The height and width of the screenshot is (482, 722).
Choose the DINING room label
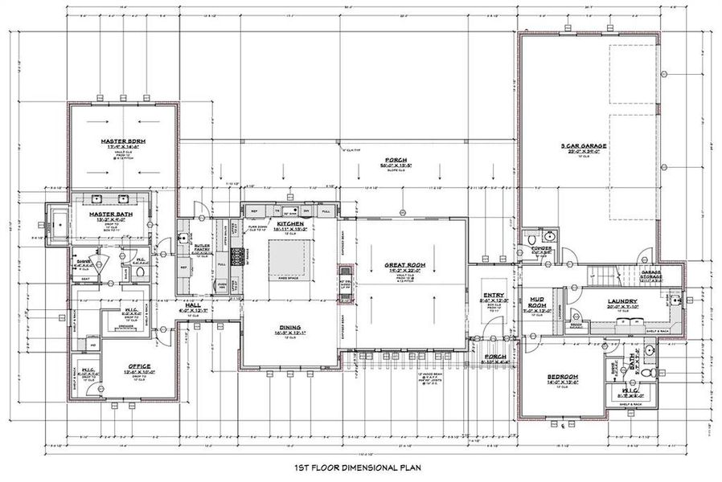pos(290,328)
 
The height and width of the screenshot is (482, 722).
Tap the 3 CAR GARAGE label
pos(584,146)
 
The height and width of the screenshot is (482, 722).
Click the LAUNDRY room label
pos(622,301)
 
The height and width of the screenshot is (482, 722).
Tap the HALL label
pos(192,306)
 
